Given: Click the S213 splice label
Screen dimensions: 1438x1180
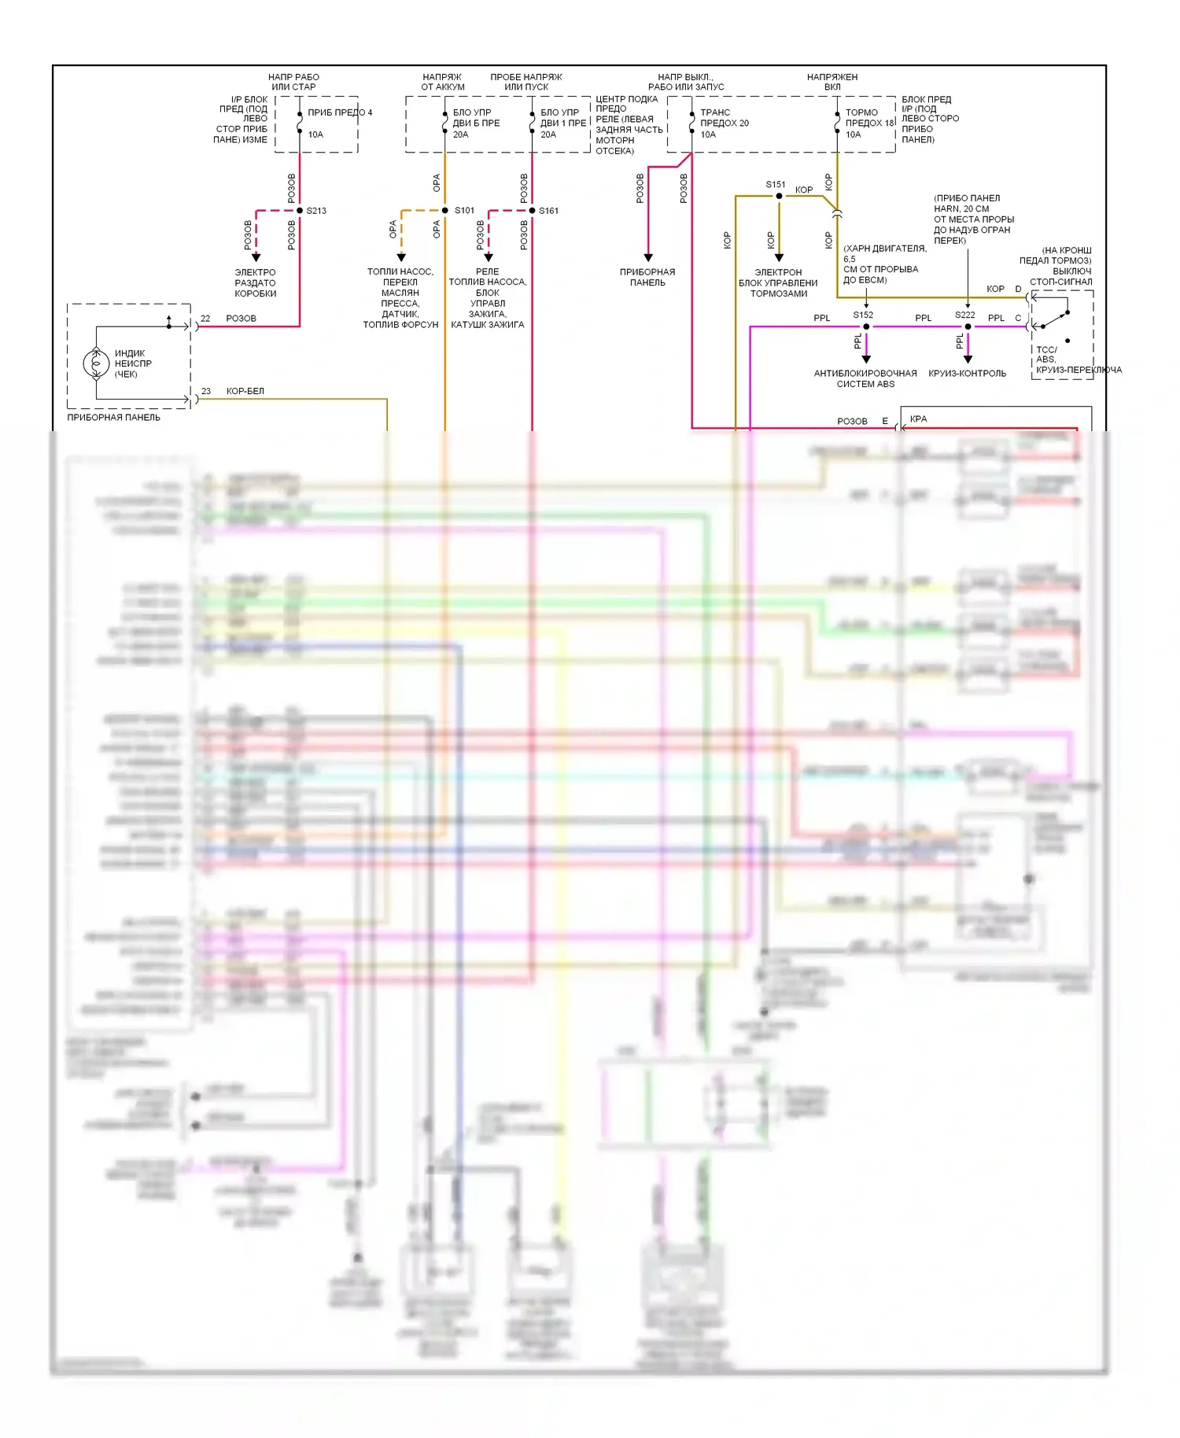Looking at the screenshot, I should (316, 211).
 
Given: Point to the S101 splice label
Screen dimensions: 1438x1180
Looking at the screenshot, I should (464, 211).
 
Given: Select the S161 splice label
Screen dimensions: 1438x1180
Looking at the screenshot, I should (548, 211).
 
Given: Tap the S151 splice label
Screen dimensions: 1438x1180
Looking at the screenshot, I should (776, 185).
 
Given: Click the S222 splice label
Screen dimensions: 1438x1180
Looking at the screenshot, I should (965, 315).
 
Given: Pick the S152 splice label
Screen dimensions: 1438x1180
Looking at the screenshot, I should (863, 315).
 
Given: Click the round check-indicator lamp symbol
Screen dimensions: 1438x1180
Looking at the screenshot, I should (96, 363).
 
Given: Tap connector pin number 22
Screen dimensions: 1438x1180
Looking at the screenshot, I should (205, 319).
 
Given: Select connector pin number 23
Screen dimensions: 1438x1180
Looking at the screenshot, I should (206, 391).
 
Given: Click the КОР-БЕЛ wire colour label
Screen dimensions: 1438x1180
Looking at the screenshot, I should (245, 391).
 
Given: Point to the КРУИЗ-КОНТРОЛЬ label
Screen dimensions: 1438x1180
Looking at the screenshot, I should (967, 374).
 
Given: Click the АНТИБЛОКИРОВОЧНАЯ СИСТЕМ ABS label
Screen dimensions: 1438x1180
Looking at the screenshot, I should (865, 378).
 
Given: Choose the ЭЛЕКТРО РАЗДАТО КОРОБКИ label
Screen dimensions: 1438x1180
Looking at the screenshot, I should (256, 283).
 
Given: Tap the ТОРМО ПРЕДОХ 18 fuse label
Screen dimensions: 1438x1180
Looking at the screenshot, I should (869, 123).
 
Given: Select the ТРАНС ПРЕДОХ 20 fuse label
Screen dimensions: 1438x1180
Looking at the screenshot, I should (724, 123).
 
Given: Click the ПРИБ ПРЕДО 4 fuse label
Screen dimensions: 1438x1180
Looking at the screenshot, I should (339, 112).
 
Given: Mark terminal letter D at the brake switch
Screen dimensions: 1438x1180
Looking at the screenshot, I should (1018, 289).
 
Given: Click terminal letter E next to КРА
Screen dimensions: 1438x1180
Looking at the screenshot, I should (885, 422).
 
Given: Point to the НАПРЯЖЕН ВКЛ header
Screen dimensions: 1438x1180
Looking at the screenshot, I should (832, 82).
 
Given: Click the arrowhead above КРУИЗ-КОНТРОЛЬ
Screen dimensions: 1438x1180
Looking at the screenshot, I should (968, 359).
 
